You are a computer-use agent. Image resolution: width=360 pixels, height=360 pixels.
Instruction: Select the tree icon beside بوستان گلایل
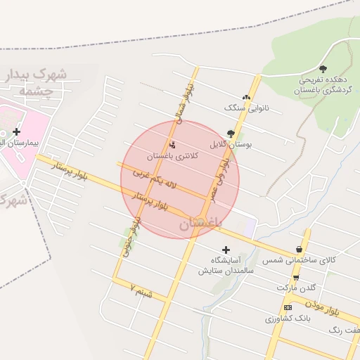click(x=231, y=133)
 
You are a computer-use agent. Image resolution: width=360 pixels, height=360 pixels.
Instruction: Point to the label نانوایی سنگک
click(x=246, y=108)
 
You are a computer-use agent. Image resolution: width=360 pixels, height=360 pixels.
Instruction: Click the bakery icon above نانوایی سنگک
click(x=245, y=98)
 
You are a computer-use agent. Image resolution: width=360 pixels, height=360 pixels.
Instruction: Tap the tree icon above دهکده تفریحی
click(x=323, y=69)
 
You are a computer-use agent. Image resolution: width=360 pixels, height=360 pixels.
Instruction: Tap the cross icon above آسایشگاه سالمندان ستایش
click(x=226, y=250)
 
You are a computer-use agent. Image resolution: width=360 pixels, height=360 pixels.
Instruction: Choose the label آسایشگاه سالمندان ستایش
click(x=225, y=265)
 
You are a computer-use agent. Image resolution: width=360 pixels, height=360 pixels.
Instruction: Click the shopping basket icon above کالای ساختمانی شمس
click(x=300, y=250)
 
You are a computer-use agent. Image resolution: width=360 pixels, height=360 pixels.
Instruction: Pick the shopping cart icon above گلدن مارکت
click(x=296, y=278)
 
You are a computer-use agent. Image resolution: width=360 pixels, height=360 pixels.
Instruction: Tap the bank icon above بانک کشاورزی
click(x=288, y=307)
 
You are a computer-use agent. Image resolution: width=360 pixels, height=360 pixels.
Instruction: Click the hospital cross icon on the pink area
click(x=17, y=131)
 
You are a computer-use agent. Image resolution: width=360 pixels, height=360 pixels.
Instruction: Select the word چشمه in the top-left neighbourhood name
click(x=32, y=91)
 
